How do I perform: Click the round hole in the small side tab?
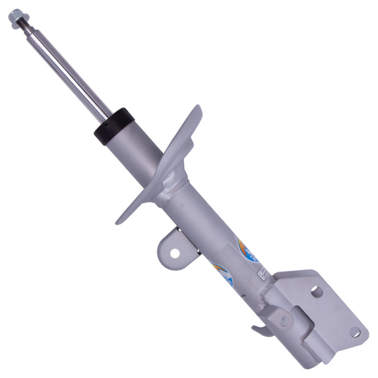click(x=174, y=253)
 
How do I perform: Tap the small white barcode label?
click(x=260, y=273)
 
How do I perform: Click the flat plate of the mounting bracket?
click(x=331, y=307)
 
